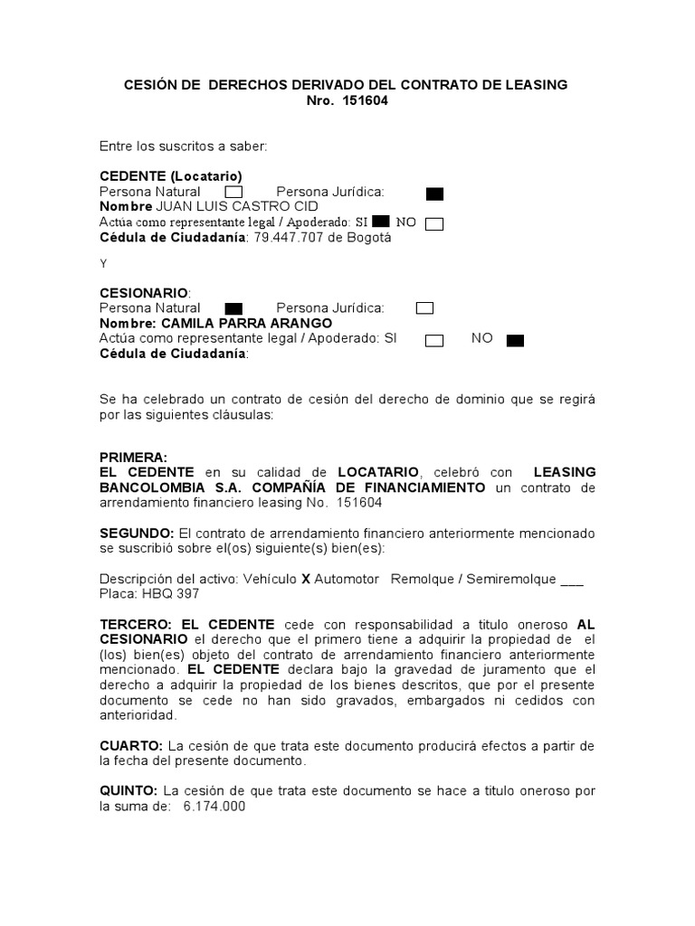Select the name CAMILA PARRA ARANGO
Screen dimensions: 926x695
(x=245, y=323)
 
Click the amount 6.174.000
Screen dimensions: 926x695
(x=214, y=807)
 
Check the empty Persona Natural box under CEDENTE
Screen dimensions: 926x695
(x=233, y=192)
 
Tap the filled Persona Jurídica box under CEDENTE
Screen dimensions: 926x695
(x=434, y=193)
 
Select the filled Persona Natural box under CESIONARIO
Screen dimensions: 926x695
(x=233, y=308)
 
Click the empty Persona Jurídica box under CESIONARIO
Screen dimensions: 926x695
(x=424, y=308)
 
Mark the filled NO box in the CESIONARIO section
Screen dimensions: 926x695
(x=515, y=340)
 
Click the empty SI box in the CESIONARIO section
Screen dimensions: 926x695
(x=434, y=340)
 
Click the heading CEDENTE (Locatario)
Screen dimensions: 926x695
(x=170, y=175)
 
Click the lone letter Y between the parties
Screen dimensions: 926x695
(x=103, y=264)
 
